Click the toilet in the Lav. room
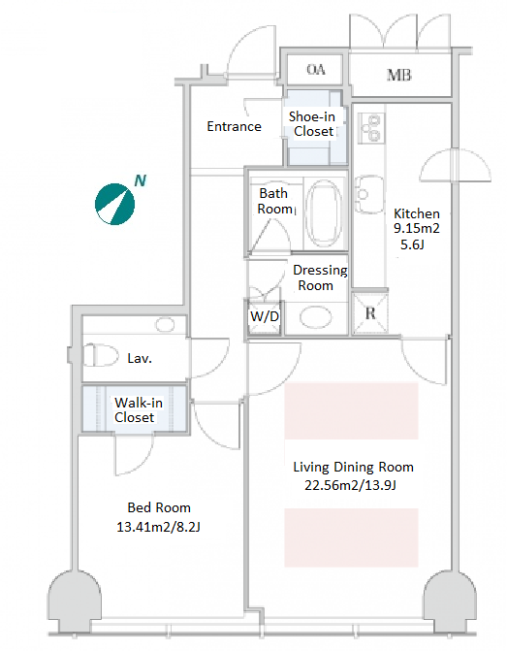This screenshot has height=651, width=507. [101, 356]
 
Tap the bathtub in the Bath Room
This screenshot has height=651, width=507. [324, 213]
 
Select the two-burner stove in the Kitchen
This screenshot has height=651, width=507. [371, 128]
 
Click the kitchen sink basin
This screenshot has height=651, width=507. [368, 194]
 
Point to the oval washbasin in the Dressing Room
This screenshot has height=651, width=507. [316, 317]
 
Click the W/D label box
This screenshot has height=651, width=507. [265, 317]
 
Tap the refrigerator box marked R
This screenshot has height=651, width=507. [370, 313]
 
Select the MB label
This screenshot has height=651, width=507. [399, 75]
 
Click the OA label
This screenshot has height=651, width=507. [316, 69]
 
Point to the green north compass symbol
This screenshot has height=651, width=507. [115, 204]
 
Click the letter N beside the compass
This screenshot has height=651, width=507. [141, 180]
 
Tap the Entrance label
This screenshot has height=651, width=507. [234, 126]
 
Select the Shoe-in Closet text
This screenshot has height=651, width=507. [312, 124]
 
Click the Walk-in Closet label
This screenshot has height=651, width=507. [139, 409]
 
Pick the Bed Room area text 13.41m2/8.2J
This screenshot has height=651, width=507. [158, 527]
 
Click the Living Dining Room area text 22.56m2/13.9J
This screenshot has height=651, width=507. [350, 485]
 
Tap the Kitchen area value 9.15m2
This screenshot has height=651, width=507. [416, 228]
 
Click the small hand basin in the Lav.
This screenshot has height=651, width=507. [165, 325]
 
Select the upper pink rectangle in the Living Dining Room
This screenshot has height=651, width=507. [351, 410]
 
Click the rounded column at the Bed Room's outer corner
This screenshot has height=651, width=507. [75, 601]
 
